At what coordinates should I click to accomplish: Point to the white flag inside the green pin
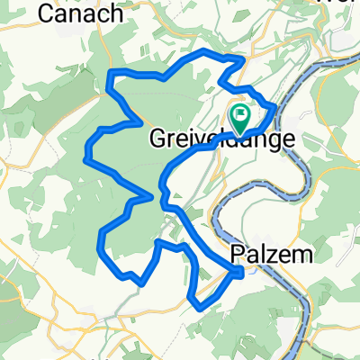tap(240, 113)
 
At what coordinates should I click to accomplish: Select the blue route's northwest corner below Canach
tap(110, 73)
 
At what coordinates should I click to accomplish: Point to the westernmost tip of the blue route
tap(85, 159)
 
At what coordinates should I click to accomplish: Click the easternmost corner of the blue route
tap(274, 114)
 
